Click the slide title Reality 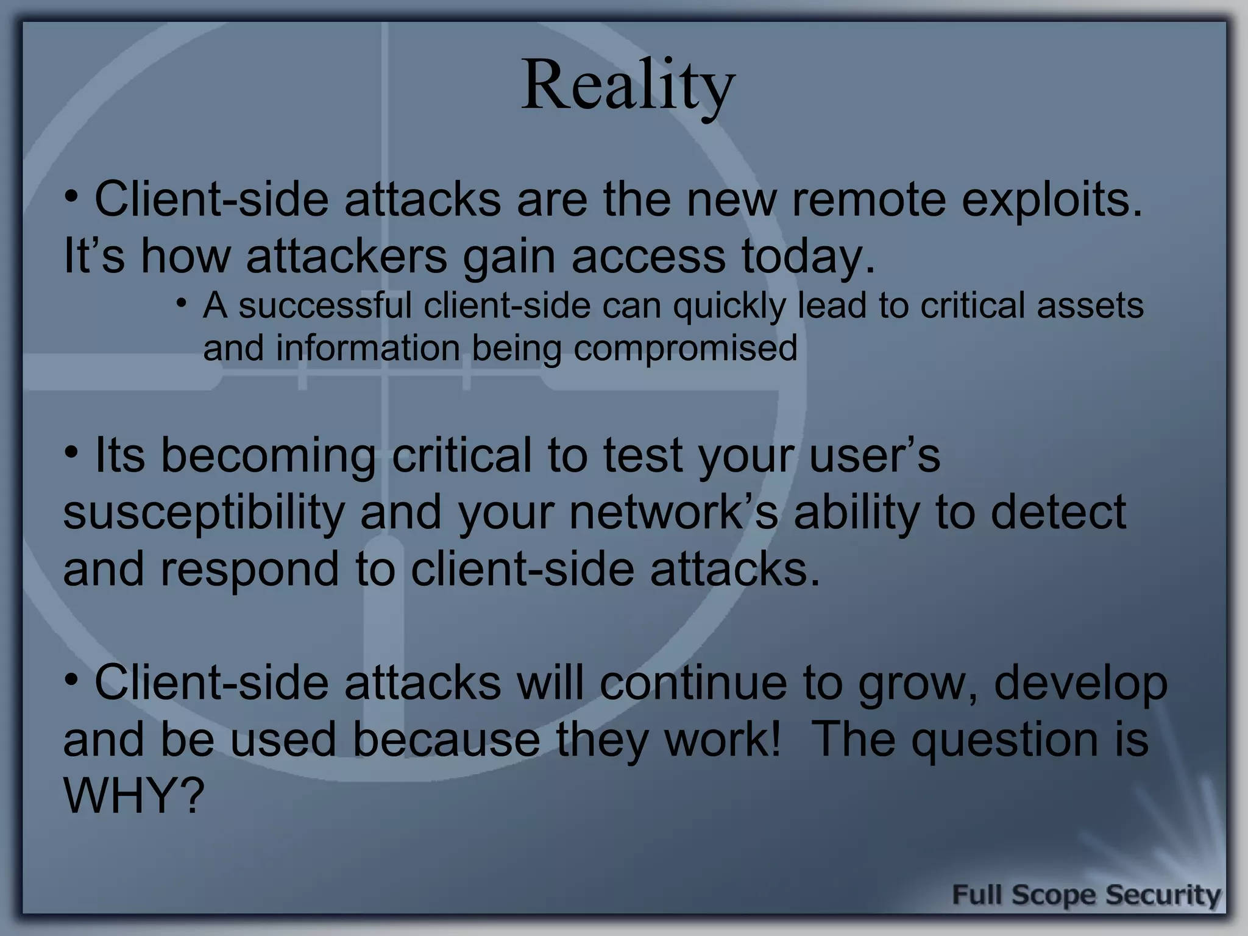pyautogui.click(x=628, y=85)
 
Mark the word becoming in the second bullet pyautogui.click(x=268, y=456)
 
